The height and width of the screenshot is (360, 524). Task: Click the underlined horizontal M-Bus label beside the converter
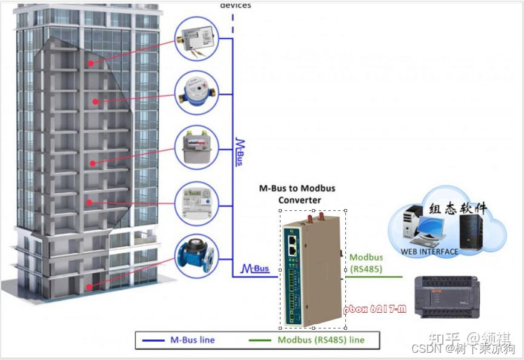[255, 268]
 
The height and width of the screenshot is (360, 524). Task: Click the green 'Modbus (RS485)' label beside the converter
[366, 263]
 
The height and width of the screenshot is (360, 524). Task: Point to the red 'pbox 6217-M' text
[374, 309]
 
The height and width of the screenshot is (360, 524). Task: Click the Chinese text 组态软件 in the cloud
[457, 208]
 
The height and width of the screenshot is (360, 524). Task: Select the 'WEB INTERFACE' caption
[429, 252]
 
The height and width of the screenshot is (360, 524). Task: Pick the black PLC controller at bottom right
[452, 296]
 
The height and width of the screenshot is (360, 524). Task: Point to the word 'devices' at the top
[235, 5]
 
